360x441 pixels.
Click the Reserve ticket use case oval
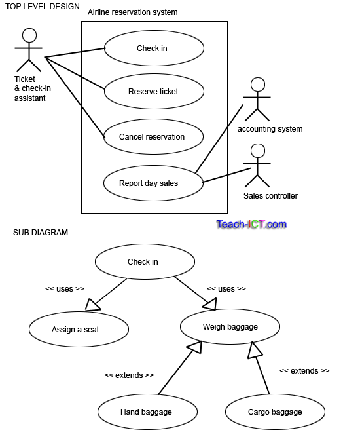(x=153, y=92)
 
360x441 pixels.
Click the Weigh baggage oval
(x=230, y=326)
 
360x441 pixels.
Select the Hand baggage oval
(x=147, y=412)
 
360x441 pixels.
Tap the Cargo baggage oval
(x=275, y=412)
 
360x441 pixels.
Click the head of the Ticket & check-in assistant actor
(x=29, y=35)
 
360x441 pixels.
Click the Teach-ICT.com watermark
(x=251, y=225)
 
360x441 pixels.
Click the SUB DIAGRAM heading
(x=41, y=233)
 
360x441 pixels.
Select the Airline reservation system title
(x=132, y=12)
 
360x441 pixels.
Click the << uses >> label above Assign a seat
(x=64, y=288)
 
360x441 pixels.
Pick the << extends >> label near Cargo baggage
(x=304, y=371)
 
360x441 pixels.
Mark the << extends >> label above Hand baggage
(x=129, y=375)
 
